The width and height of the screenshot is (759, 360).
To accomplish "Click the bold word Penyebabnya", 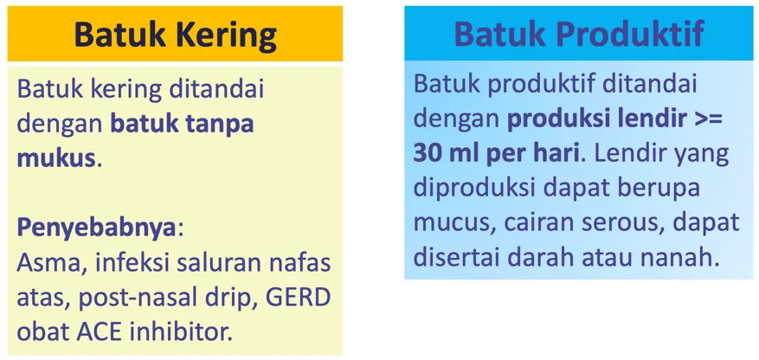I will (x=97, y=228).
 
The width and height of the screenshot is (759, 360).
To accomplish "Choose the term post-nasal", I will (x=143, y=298).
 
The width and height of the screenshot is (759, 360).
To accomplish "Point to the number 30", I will (x=429, y=153).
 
